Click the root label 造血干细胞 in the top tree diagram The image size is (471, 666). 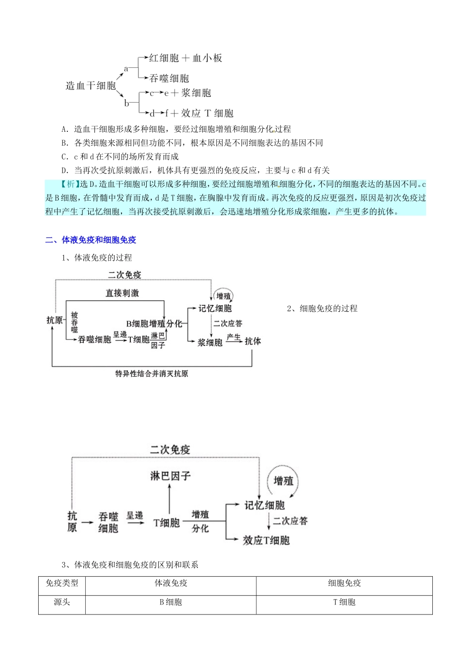[91, 86]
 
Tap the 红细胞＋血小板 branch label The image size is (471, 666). [185, 58]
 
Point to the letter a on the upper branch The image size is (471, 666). [126, 69]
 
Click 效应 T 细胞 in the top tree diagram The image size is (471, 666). [207, 113]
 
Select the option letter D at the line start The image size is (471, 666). [64, 170]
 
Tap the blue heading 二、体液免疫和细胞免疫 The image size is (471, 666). [91, 240]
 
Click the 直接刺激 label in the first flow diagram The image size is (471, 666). [122, 293]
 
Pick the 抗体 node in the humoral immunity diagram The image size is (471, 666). [253, 341]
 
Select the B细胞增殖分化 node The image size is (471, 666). [154, 324]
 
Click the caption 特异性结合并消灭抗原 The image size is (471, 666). [152, 374]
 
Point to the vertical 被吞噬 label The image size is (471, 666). [74, 322]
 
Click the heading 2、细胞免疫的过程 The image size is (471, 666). [322, 309]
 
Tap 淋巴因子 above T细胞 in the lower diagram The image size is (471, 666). [171, 476]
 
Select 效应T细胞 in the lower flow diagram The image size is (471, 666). [266, 540]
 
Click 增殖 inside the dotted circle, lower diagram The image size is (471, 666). [284, 481]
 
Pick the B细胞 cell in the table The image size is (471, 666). [171, 602]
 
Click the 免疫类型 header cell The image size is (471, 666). [62, 583]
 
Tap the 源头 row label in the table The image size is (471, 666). [62, 602]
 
